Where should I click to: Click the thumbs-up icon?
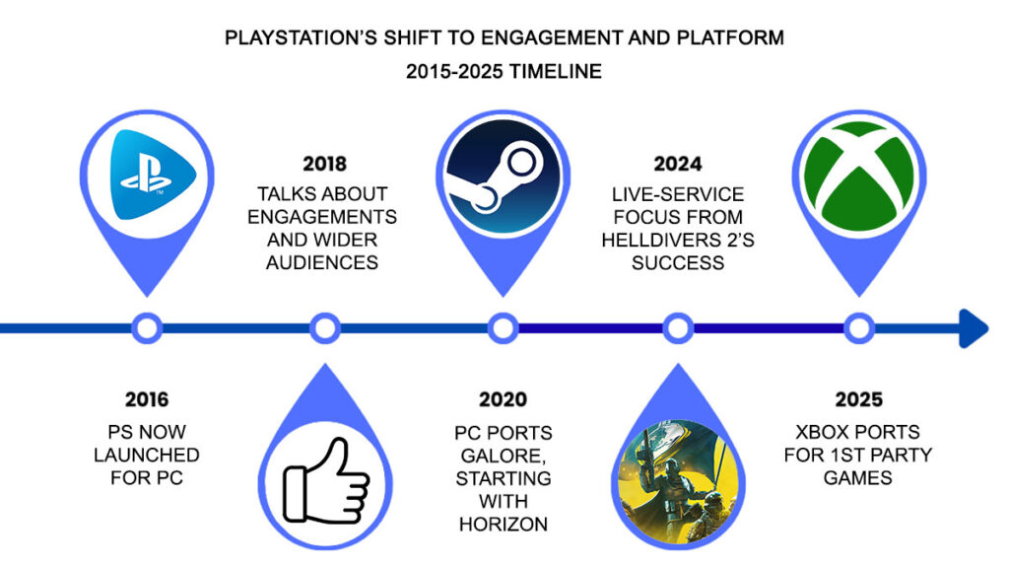coord(325,481)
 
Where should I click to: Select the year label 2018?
coord(324,164)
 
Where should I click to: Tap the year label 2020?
coord(502,399)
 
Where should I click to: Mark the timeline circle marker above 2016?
coord(147,328)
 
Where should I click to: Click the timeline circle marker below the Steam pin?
coord(503,328)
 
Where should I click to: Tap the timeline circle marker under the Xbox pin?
coord(858,328)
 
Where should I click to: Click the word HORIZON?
coord(502,523)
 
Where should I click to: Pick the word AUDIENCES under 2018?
coord(324,261)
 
